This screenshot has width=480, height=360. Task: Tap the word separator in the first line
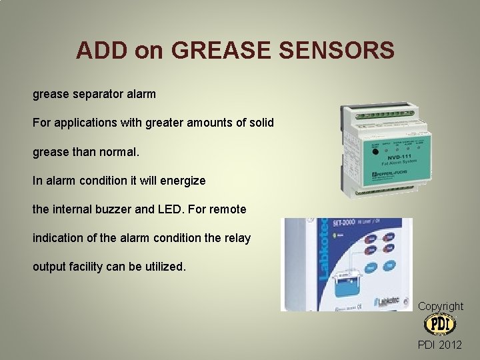[x=99, y=95]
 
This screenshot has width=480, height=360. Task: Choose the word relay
[x=236, y=238]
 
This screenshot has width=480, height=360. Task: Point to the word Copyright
[x=440, y=306]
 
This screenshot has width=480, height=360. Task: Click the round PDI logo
[x=440, y=325]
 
